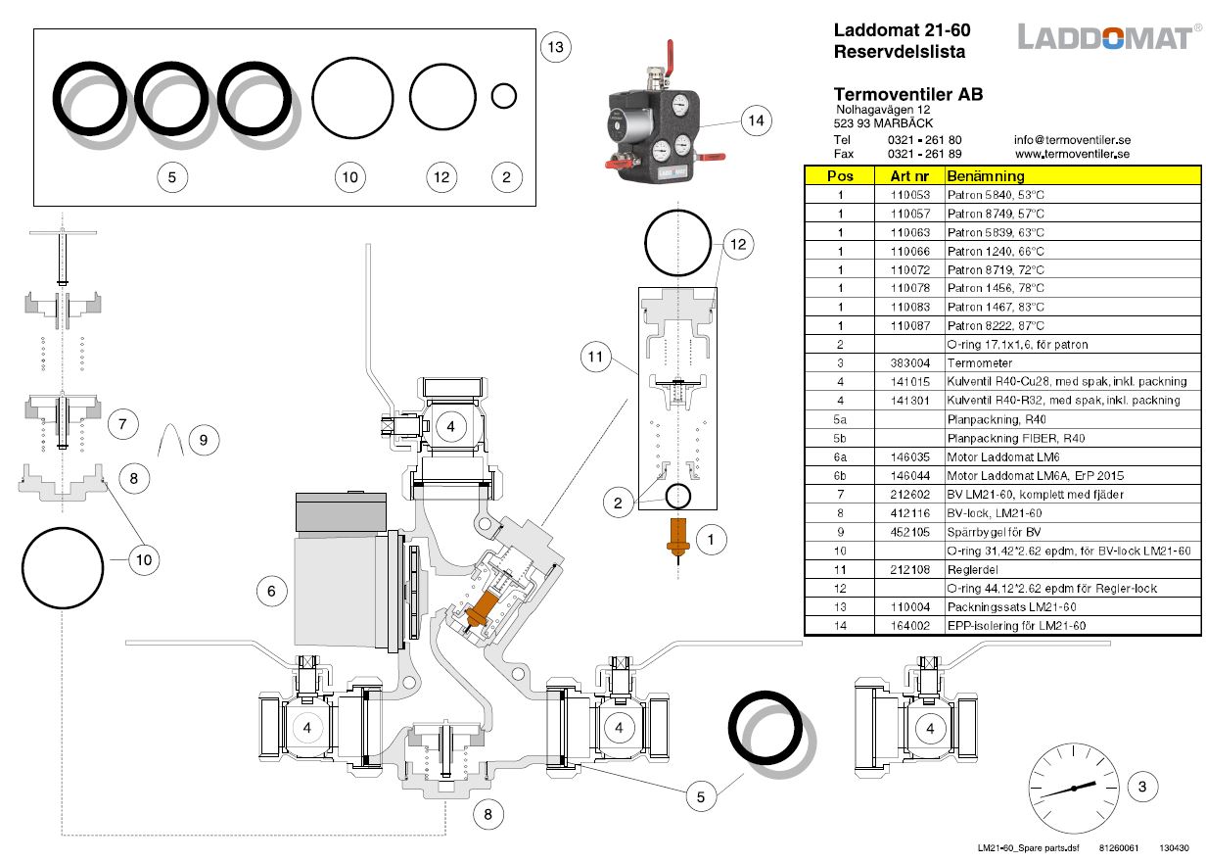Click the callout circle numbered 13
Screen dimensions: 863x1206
(556, 46)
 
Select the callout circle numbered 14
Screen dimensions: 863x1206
(755, 121)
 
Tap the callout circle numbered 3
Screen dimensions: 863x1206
(1141, 786)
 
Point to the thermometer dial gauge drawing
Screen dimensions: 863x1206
(1074, 787)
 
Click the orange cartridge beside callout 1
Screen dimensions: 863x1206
(675, 535)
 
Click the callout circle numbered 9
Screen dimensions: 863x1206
(203, 440)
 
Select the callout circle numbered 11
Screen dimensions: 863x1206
(596, 358)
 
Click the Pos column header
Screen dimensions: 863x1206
(840, 176)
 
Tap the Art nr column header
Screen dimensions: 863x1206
(909, 176)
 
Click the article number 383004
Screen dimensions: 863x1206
(909, 363)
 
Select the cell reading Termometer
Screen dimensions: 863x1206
(980, 363)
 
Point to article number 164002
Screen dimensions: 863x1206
(909, 626)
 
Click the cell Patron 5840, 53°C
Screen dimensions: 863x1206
(996, 195)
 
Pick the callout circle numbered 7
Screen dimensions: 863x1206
(121, 424)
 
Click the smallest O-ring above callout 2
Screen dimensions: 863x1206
(503, 95)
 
